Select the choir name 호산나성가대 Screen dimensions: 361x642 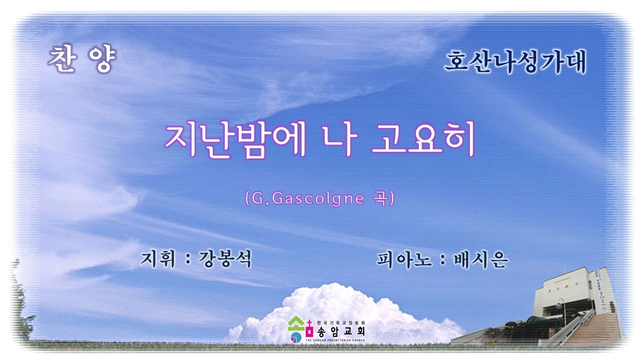coord(515,63)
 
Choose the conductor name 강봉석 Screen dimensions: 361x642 coord(224,260)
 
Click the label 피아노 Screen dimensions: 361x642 coord(403,260)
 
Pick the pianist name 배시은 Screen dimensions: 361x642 coord(480,260)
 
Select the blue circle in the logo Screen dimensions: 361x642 coord(296,334)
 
